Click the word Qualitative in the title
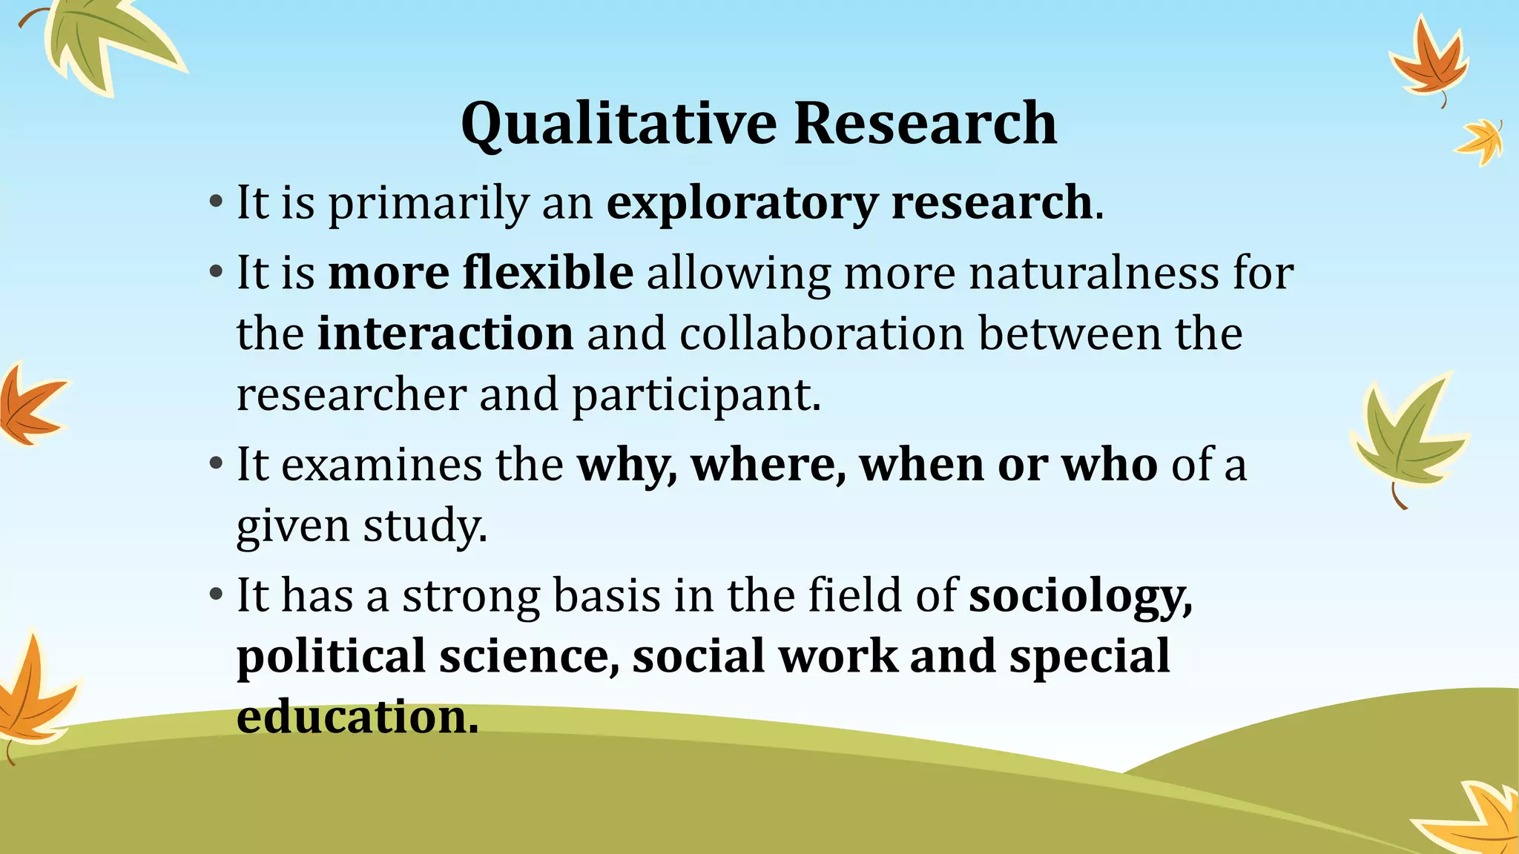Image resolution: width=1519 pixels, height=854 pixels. coord(619,124)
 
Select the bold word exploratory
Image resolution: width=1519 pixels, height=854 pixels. coord(742,203)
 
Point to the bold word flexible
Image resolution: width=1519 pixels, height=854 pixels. coord(548,273)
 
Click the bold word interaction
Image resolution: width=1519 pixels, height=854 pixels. coord(445,334)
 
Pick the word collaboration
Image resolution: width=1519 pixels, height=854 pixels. coord(822,334)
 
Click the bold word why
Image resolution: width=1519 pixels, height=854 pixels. coord(625,466)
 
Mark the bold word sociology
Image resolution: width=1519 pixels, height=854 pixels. coord(1079,597)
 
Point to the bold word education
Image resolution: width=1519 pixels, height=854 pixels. coord(357,717)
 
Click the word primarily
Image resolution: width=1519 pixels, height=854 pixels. coord(428,205)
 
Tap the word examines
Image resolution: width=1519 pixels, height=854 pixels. coord(381,466)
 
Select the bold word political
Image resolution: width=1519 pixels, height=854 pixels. coord(331,657)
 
